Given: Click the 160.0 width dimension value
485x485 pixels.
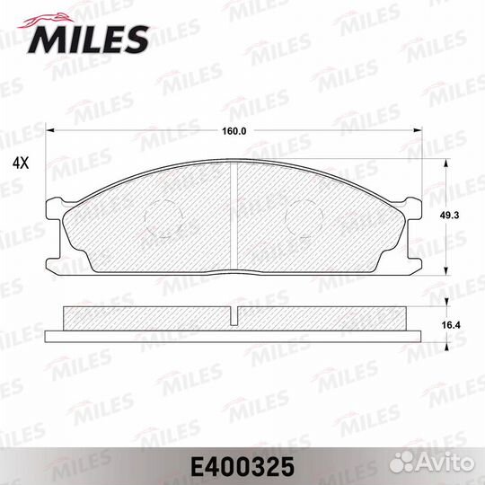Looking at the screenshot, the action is [234, 131].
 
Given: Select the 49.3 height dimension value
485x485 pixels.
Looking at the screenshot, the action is [450, 216].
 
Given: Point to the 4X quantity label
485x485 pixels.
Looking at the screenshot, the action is [21, 163].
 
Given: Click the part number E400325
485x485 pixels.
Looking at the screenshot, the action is [242, 467].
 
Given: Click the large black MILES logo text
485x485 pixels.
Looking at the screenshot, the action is [88, 40].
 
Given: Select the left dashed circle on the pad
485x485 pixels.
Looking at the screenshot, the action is [163, 218].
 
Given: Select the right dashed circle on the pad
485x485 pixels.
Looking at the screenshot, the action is [304, 218].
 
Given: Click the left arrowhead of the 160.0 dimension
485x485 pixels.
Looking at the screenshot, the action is [49, 130].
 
